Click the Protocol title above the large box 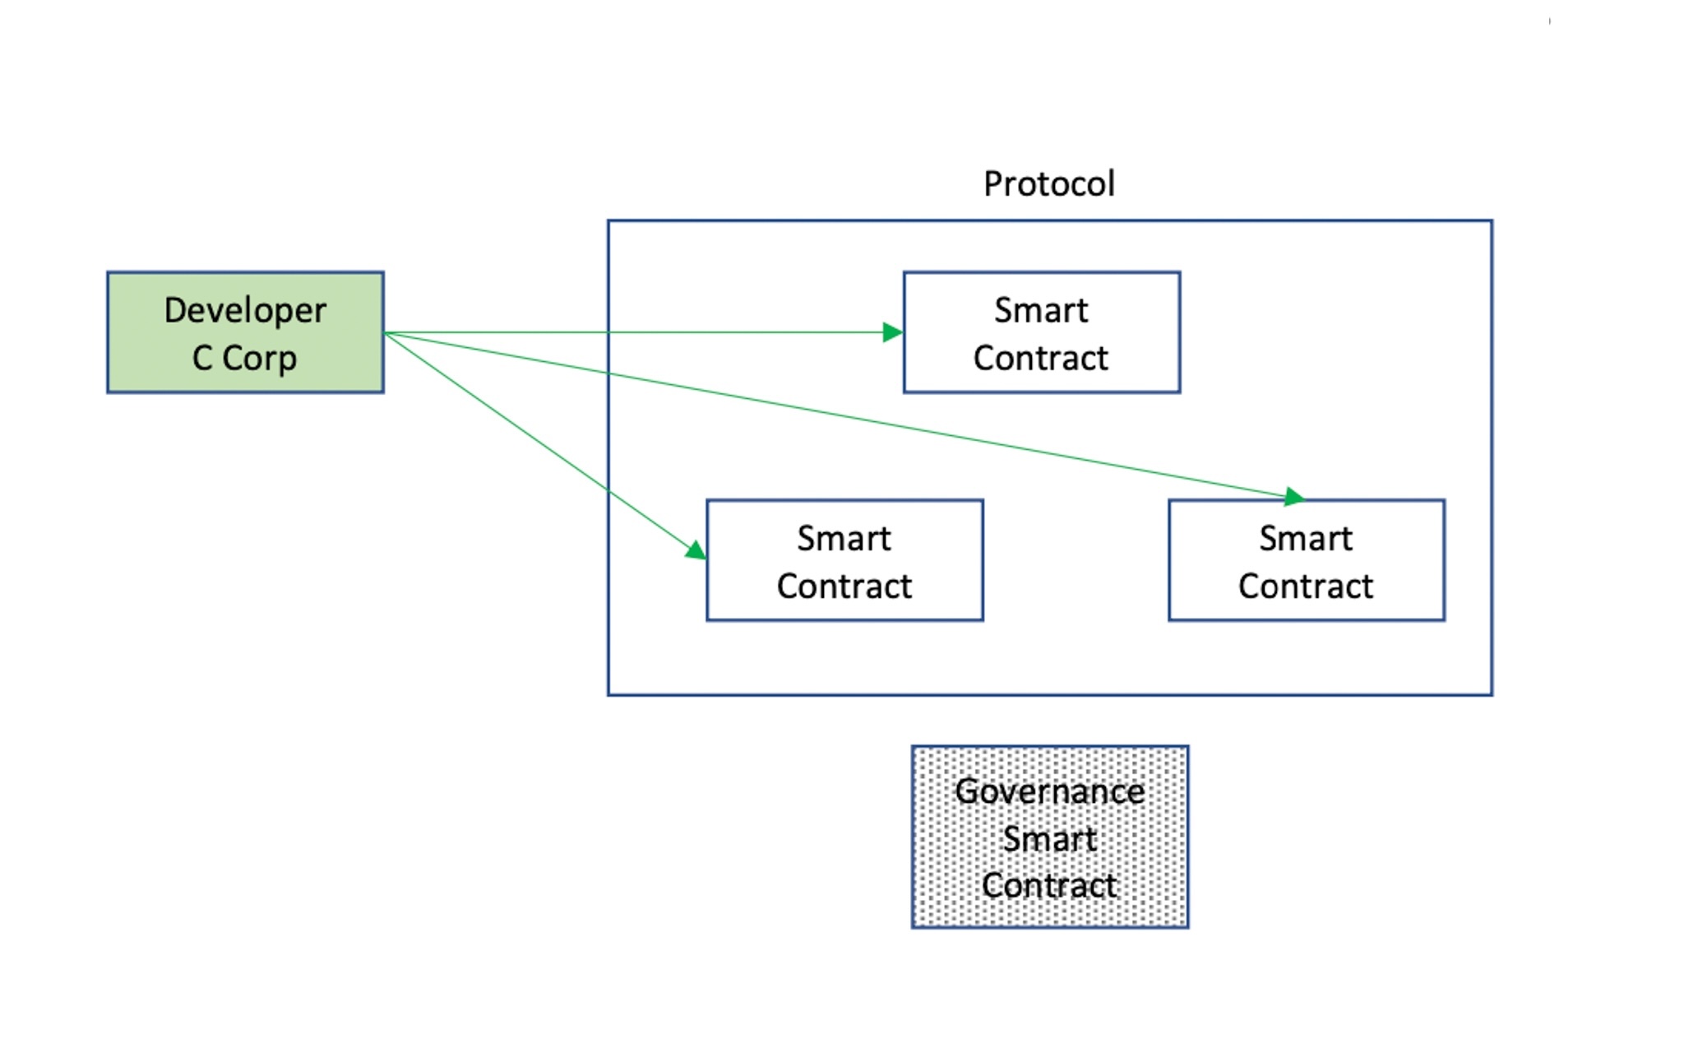(x=1049, y=183)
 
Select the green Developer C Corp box (x=245, y=332)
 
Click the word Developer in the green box (x=245, y=310)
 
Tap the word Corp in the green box (x=259, y=359)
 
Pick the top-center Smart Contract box (x=1041, y=332)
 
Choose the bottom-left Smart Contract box (x=844, y=560)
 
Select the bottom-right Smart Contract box (x=1306, y=560)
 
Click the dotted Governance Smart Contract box (x=1049, y=837)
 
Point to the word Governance (x=1049, y=791)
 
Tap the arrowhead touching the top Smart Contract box (x=893, y=332)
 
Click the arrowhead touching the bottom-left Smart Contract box (x=696, y=550)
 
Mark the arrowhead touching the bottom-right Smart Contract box (x=1293, y=496)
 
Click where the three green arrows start (x=385, y=332)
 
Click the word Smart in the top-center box (x=1041, y=310)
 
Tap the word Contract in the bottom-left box (x=844, y=587)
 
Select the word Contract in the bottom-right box (x=1306, y=587)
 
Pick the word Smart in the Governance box (x=1049, y=839)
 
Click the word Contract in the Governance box (x=1049, y=886)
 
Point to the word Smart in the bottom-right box (x=1306, y=539)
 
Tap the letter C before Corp (x=202, y=359)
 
